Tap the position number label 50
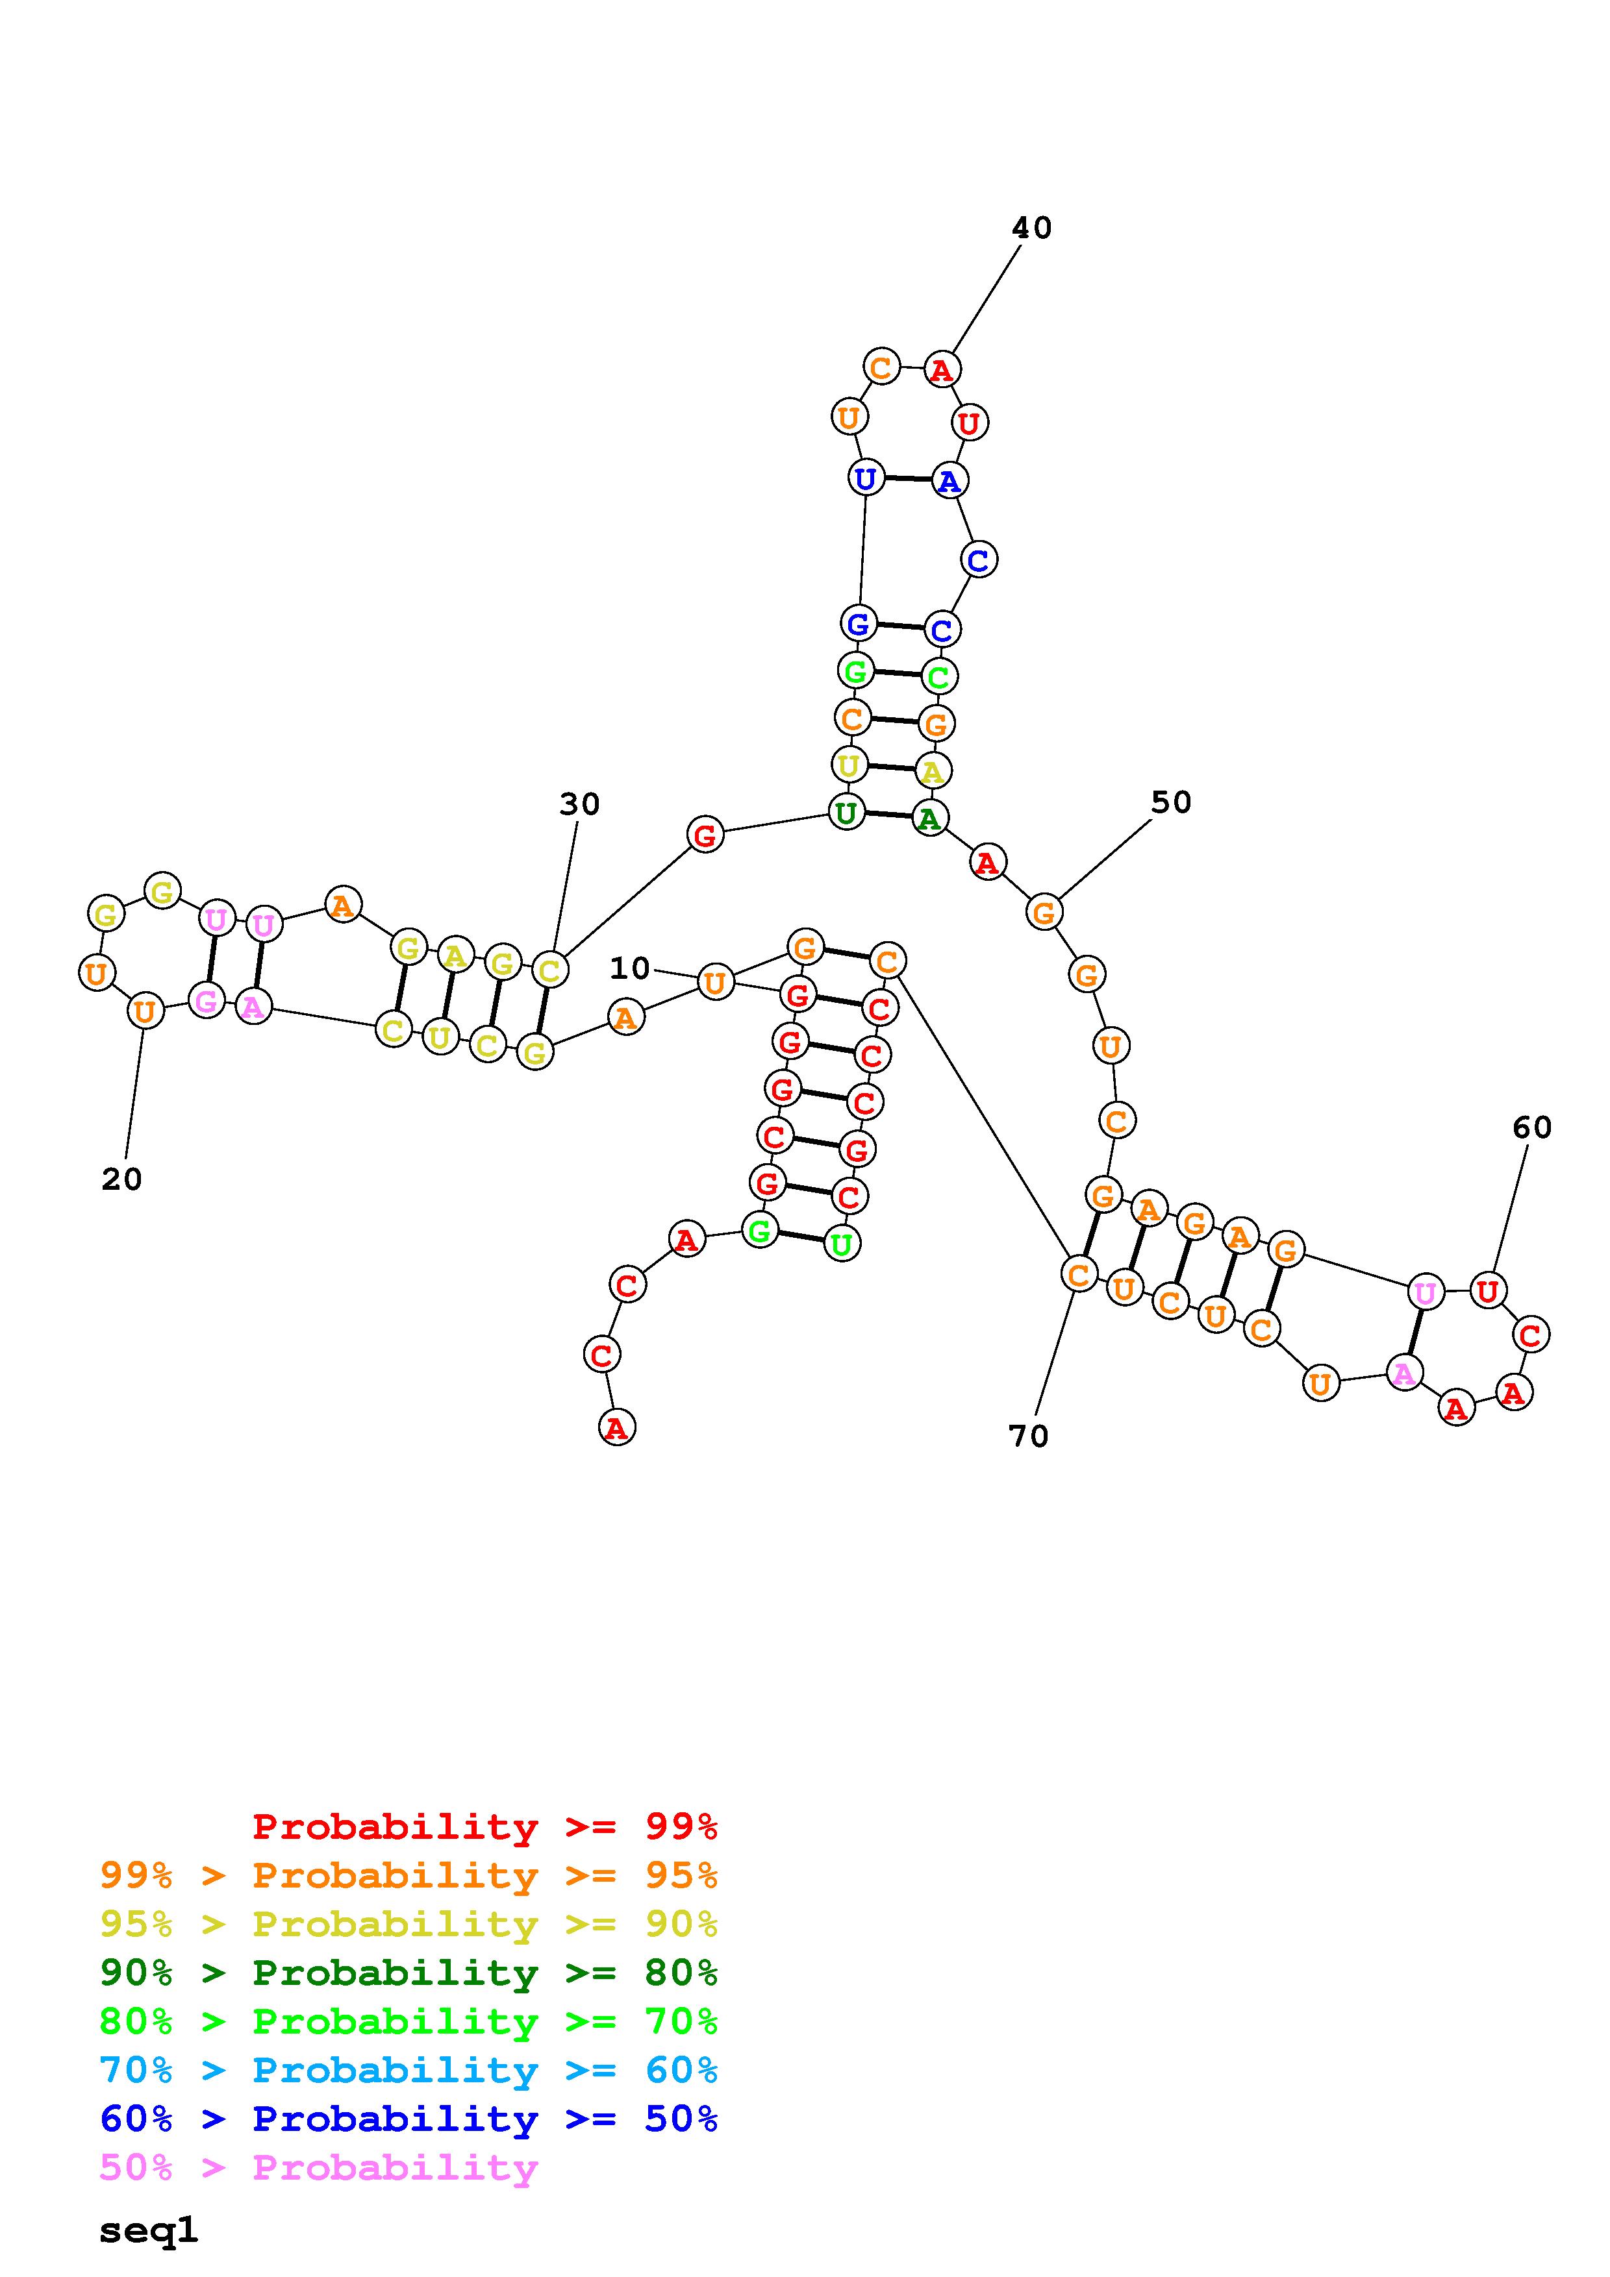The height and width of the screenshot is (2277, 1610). pos(1170,802)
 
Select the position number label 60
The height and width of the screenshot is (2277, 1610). pos(1531,1127)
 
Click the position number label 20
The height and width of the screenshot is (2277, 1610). pos(122,1179)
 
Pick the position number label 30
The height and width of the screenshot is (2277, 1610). pos(579,804)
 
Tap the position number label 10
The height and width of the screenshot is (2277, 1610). pos(630,968)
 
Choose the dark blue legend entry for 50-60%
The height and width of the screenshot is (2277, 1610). pos(409,2119)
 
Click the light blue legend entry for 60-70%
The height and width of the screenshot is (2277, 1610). pos(409,2071)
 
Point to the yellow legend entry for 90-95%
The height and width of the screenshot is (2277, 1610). pos(409,1924)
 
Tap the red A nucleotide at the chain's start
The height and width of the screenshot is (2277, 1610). pos(617,1428)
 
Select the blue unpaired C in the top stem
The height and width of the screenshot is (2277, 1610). pos(978,560)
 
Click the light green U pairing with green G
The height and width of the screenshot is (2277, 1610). pos(841,1244)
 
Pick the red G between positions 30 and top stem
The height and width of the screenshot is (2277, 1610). pos(705,835)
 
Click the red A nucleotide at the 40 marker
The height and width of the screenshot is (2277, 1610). pos(942,370)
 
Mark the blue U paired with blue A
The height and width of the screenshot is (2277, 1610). pos(866,478)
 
